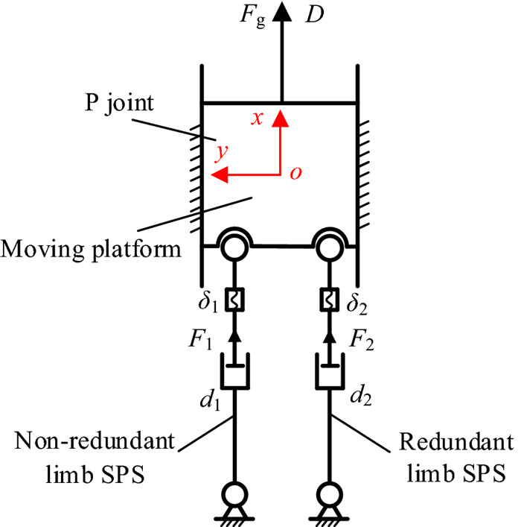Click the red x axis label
tap(256, 119)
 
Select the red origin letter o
tap(295, 174)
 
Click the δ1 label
tap(206, 306)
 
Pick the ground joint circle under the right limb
tap(329, 494)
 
